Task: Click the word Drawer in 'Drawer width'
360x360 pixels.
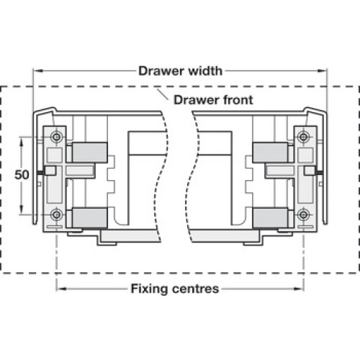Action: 161,71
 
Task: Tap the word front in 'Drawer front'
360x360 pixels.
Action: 235,100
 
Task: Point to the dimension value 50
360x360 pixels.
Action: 22,175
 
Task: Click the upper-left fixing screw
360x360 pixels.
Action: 57,138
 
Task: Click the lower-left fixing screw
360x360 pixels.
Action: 57,215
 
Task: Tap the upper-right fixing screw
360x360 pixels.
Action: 303,138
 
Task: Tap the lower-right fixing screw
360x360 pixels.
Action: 303,215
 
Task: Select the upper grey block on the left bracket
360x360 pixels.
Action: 89,153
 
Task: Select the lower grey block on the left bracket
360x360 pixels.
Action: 89,217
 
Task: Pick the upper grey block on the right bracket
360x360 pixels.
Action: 270,153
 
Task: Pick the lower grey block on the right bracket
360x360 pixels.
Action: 270,217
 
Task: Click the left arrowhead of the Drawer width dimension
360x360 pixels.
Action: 38,71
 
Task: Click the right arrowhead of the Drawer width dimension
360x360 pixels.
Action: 322,71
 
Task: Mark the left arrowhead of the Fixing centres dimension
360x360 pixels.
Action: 61,289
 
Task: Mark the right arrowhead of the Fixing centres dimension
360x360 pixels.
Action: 299,289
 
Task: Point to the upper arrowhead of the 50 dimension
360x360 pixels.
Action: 22,142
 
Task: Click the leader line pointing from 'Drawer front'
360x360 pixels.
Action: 163,94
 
